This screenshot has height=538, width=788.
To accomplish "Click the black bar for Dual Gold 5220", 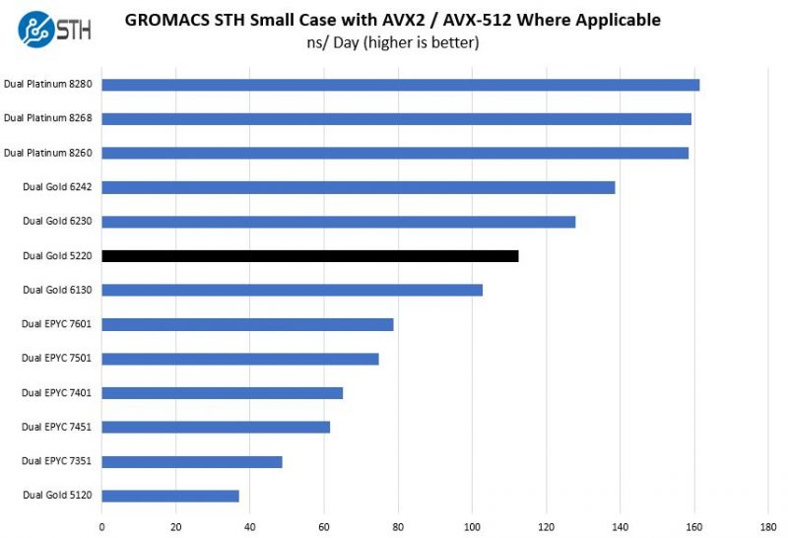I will click(x=309, y=256).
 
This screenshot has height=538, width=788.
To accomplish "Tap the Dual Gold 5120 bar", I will click(x=169, y=496).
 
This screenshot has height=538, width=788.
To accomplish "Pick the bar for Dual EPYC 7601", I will click(x=247, y=324).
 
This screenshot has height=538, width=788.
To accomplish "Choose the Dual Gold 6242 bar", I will click(x=358, y=187).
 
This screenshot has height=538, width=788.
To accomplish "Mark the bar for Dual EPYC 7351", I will click(x=191, y=461).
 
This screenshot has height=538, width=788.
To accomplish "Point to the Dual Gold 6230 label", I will click(x=57, y=221).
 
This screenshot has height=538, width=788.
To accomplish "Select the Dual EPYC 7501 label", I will click(x=57, y=358).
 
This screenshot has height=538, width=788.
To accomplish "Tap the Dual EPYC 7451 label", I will click(x=57, y=427).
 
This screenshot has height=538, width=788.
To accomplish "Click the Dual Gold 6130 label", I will click(x=57, y=290).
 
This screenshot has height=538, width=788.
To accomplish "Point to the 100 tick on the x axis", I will click(x=472, y=524).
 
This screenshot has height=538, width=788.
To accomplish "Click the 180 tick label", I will click(x=768, y=524).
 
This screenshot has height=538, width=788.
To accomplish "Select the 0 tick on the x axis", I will click(x=102, y=524).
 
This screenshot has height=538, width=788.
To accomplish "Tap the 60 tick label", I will click(x=324, y=524).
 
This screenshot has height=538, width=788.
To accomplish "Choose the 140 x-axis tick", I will click(x=621, y=524).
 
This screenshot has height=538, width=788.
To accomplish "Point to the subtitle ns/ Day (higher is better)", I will click(x=393, y=42).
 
